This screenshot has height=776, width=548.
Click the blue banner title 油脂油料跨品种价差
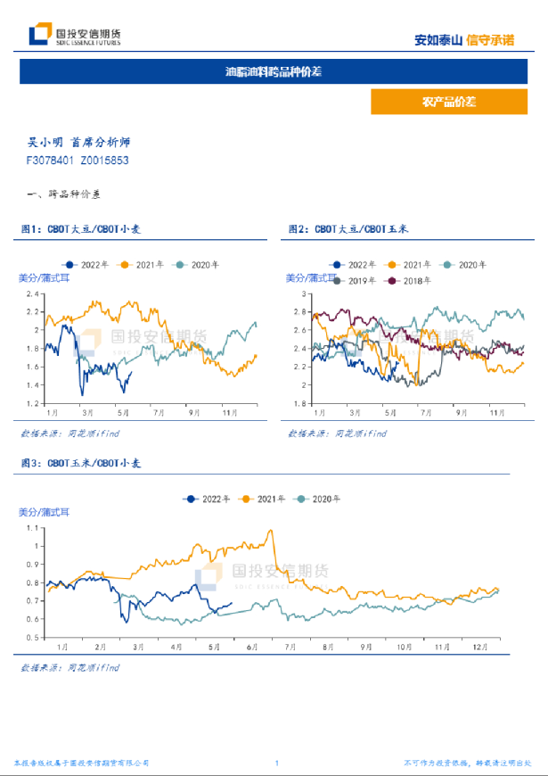point(274,71)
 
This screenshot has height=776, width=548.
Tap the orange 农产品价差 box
point(449,103)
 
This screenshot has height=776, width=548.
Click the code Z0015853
point(104,161)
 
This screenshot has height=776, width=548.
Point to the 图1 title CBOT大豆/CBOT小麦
point(81,230)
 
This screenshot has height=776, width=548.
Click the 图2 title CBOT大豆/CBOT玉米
point(348,230)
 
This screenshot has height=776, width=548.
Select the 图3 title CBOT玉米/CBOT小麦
point(81,465)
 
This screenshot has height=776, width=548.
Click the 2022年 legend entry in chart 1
point(87,265)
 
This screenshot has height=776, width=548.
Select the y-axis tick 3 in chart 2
point(303,293)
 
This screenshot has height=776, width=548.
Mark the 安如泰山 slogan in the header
point(438,39)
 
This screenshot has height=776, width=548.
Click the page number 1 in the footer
point(277,764)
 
